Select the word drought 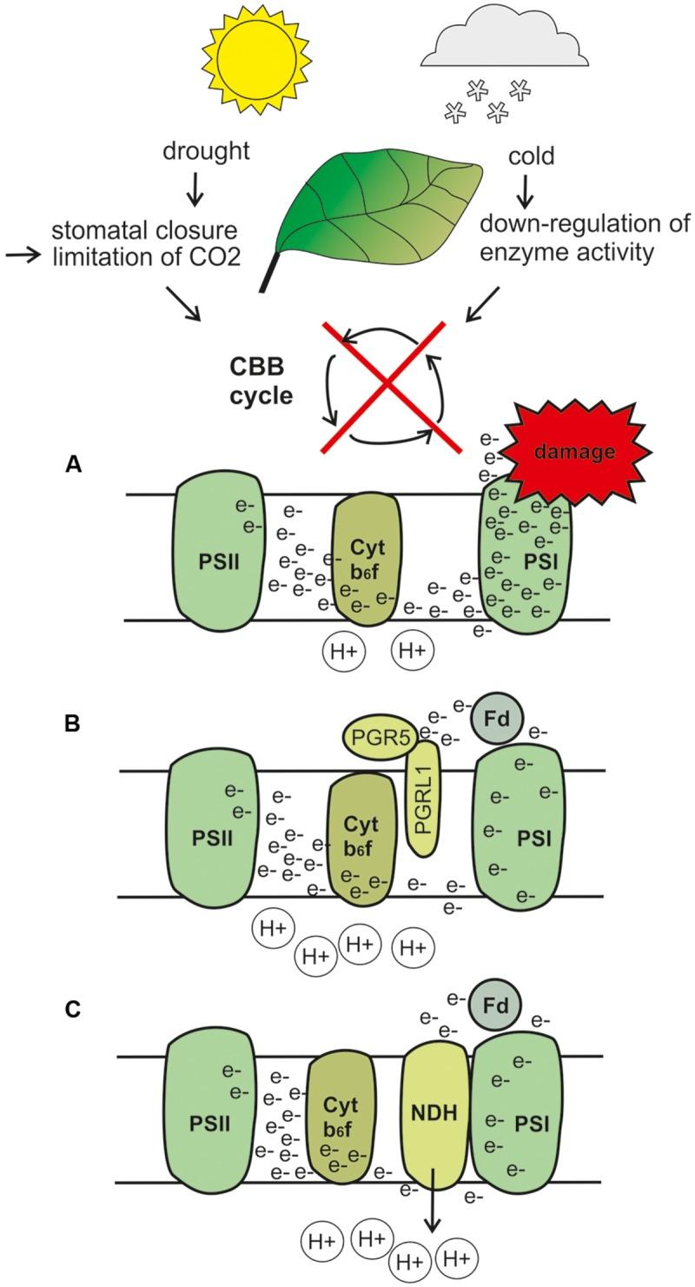click(x=206, y=151)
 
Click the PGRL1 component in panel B click(x=424, y=798)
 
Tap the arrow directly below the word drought click(x=195, y=190)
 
